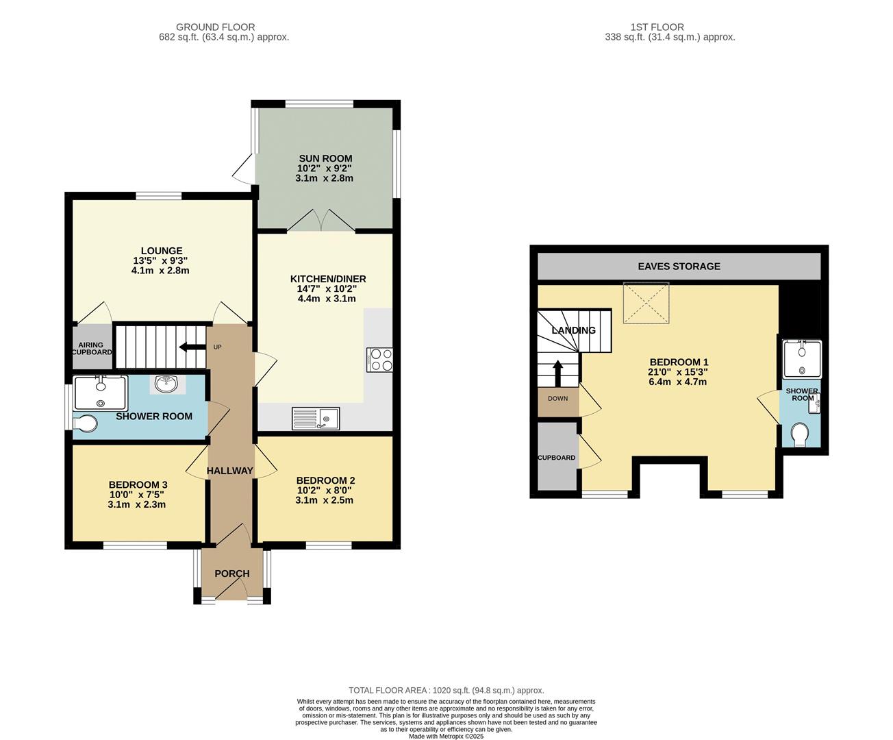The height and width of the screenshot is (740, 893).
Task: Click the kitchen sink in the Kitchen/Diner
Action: click(316, 418)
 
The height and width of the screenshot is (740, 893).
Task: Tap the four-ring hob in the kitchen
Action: click(380, 360)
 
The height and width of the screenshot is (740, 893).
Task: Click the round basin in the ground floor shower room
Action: click(166, 384)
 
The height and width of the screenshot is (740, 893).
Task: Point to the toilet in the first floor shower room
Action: click(798, 434)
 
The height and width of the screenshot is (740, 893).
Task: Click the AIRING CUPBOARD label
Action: click(91, 348)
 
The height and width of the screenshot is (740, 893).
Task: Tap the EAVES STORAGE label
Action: click(679, 266)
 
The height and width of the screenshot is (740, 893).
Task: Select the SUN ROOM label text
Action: click(325, 158)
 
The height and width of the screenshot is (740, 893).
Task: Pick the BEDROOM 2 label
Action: click(325, 480)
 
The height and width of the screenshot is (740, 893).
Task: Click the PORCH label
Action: click(231, 573)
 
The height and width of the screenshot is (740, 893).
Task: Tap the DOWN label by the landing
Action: click(557, 398)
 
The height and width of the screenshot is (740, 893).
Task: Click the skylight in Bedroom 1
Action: click(645, 301)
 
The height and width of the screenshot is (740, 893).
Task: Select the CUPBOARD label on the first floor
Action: click(556, 458)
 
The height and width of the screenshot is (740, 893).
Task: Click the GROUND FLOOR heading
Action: click(215, 27)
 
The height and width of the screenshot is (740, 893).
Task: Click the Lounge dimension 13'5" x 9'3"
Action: click(160, 260)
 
